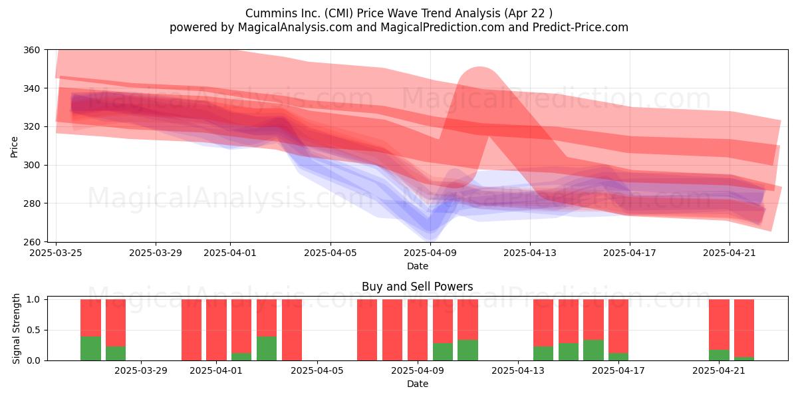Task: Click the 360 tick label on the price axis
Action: coord(31,50)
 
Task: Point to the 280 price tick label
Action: coord(31,203)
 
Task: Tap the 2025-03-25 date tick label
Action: coord(56,253)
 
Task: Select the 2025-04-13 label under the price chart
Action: coord(530,253)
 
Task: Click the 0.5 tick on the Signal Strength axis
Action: coord(34,331)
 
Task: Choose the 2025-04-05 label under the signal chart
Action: coord(317,370)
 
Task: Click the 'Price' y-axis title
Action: coord(14,147)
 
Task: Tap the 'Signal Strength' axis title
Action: coord(16,329)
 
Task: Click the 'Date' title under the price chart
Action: coord(418,266)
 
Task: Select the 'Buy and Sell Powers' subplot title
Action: coord(418,287)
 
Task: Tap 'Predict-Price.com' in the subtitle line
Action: coord(581,27)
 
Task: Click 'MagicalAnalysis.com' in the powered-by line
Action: coord(295,27)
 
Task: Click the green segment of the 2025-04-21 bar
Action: coord(719,355)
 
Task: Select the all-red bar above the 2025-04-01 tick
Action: coord(216,330)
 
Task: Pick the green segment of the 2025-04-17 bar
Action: coord(618,356)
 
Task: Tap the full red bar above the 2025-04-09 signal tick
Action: coord(418,330)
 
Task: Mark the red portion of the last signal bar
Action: coord(744,328)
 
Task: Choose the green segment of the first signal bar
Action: coord(90,348)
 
